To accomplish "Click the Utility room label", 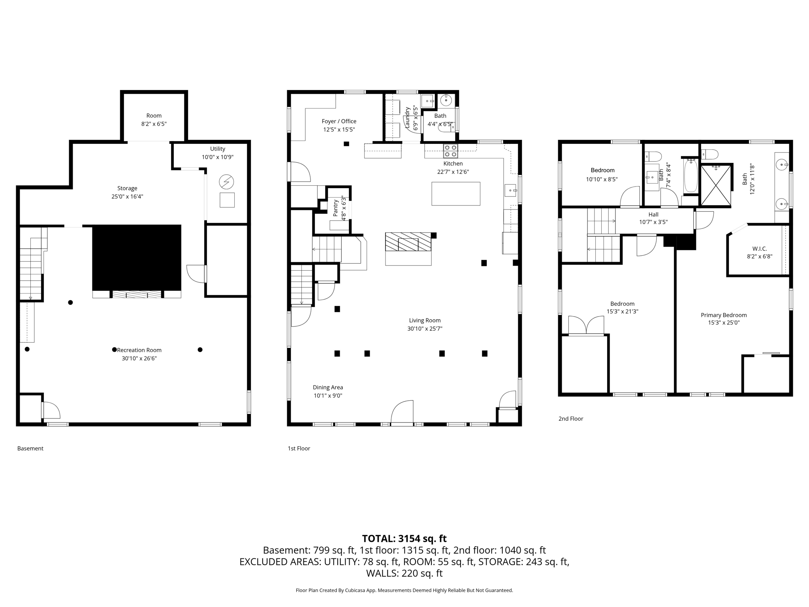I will tap(217, 149).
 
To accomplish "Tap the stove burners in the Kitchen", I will tap(450, 151).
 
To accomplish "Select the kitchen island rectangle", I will tap(455, 194).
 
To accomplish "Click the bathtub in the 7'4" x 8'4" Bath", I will tap(691, 176).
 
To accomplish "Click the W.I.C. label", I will tap(759, 249).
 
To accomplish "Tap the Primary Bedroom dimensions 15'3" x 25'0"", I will tap(723, 322).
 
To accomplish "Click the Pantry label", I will tap(335, 207).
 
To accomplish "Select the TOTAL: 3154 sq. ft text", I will tap(404, 538).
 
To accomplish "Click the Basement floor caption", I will tap(30, 448).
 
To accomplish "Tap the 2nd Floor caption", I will tap(570, 418).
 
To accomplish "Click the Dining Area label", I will tap(327, 387).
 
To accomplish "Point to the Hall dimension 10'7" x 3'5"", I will tap(653, 222).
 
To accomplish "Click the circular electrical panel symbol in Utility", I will tap(226, 182).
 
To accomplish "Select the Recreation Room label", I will tap(139, 350).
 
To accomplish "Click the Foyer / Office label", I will tap(339, 121).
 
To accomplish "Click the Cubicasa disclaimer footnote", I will tap(404, 590).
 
